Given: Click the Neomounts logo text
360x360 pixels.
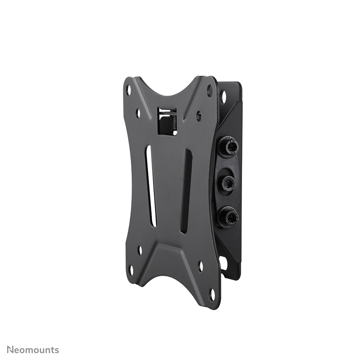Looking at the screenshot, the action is coord(33,350).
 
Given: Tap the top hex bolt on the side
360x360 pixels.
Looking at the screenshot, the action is coord(230,147).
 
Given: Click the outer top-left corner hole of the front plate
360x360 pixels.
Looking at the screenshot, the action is coord(129,90).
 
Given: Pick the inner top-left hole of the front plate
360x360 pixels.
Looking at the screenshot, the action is coord(138,113).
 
